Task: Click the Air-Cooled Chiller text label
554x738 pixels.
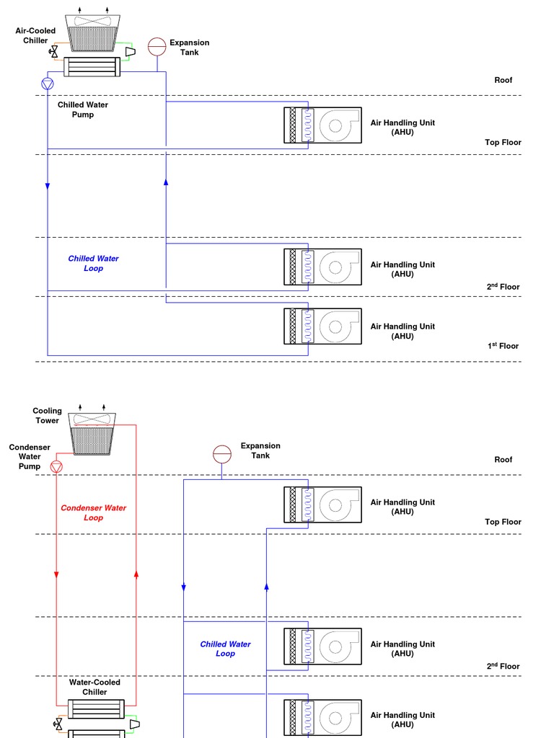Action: click(x=35, y=35)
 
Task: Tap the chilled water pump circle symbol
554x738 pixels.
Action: click(x=48, y=84)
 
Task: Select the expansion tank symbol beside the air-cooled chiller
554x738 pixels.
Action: click(x=157, y=47)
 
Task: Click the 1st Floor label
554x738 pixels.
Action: click(x=503, y=346)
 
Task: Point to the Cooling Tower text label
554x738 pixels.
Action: click(x=47, y=416)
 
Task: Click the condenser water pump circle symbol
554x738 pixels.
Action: click(x=57, y=466)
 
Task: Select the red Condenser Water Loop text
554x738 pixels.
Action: click(x=93, y=512)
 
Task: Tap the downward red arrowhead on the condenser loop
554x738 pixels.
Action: click(x=56, y=574)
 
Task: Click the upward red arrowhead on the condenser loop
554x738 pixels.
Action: click(x=136, y=574)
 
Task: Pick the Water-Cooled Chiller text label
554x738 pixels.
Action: click(x=94, y=687)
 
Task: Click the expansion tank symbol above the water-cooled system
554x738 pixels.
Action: click(x=222, y=454)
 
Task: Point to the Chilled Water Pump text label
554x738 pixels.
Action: click(x=83, y=110)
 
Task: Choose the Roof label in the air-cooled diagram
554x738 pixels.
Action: click(x=503, y=80)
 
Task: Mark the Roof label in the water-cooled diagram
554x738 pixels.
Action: click(x=503, y=459)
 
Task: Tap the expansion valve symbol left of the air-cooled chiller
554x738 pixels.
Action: click(x=53, y=52)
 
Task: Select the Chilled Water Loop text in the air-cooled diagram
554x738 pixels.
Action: click(x=93, y=263)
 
